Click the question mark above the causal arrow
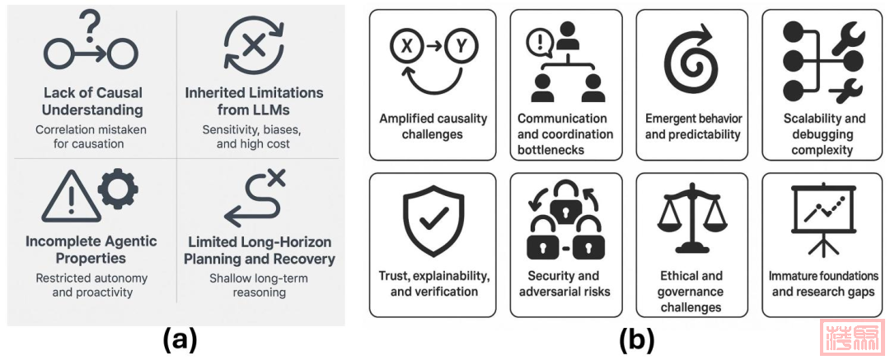(91, 21)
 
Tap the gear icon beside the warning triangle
(117, 189)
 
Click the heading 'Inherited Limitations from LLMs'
(254, 101)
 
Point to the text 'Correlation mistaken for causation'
(91, 137)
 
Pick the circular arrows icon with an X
(254, 45)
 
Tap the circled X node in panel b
(406, 47)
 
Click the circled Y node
(461, 47)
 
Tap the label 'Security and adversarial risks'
(564, 283)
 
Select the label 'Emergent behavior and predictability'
(692, 126)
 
